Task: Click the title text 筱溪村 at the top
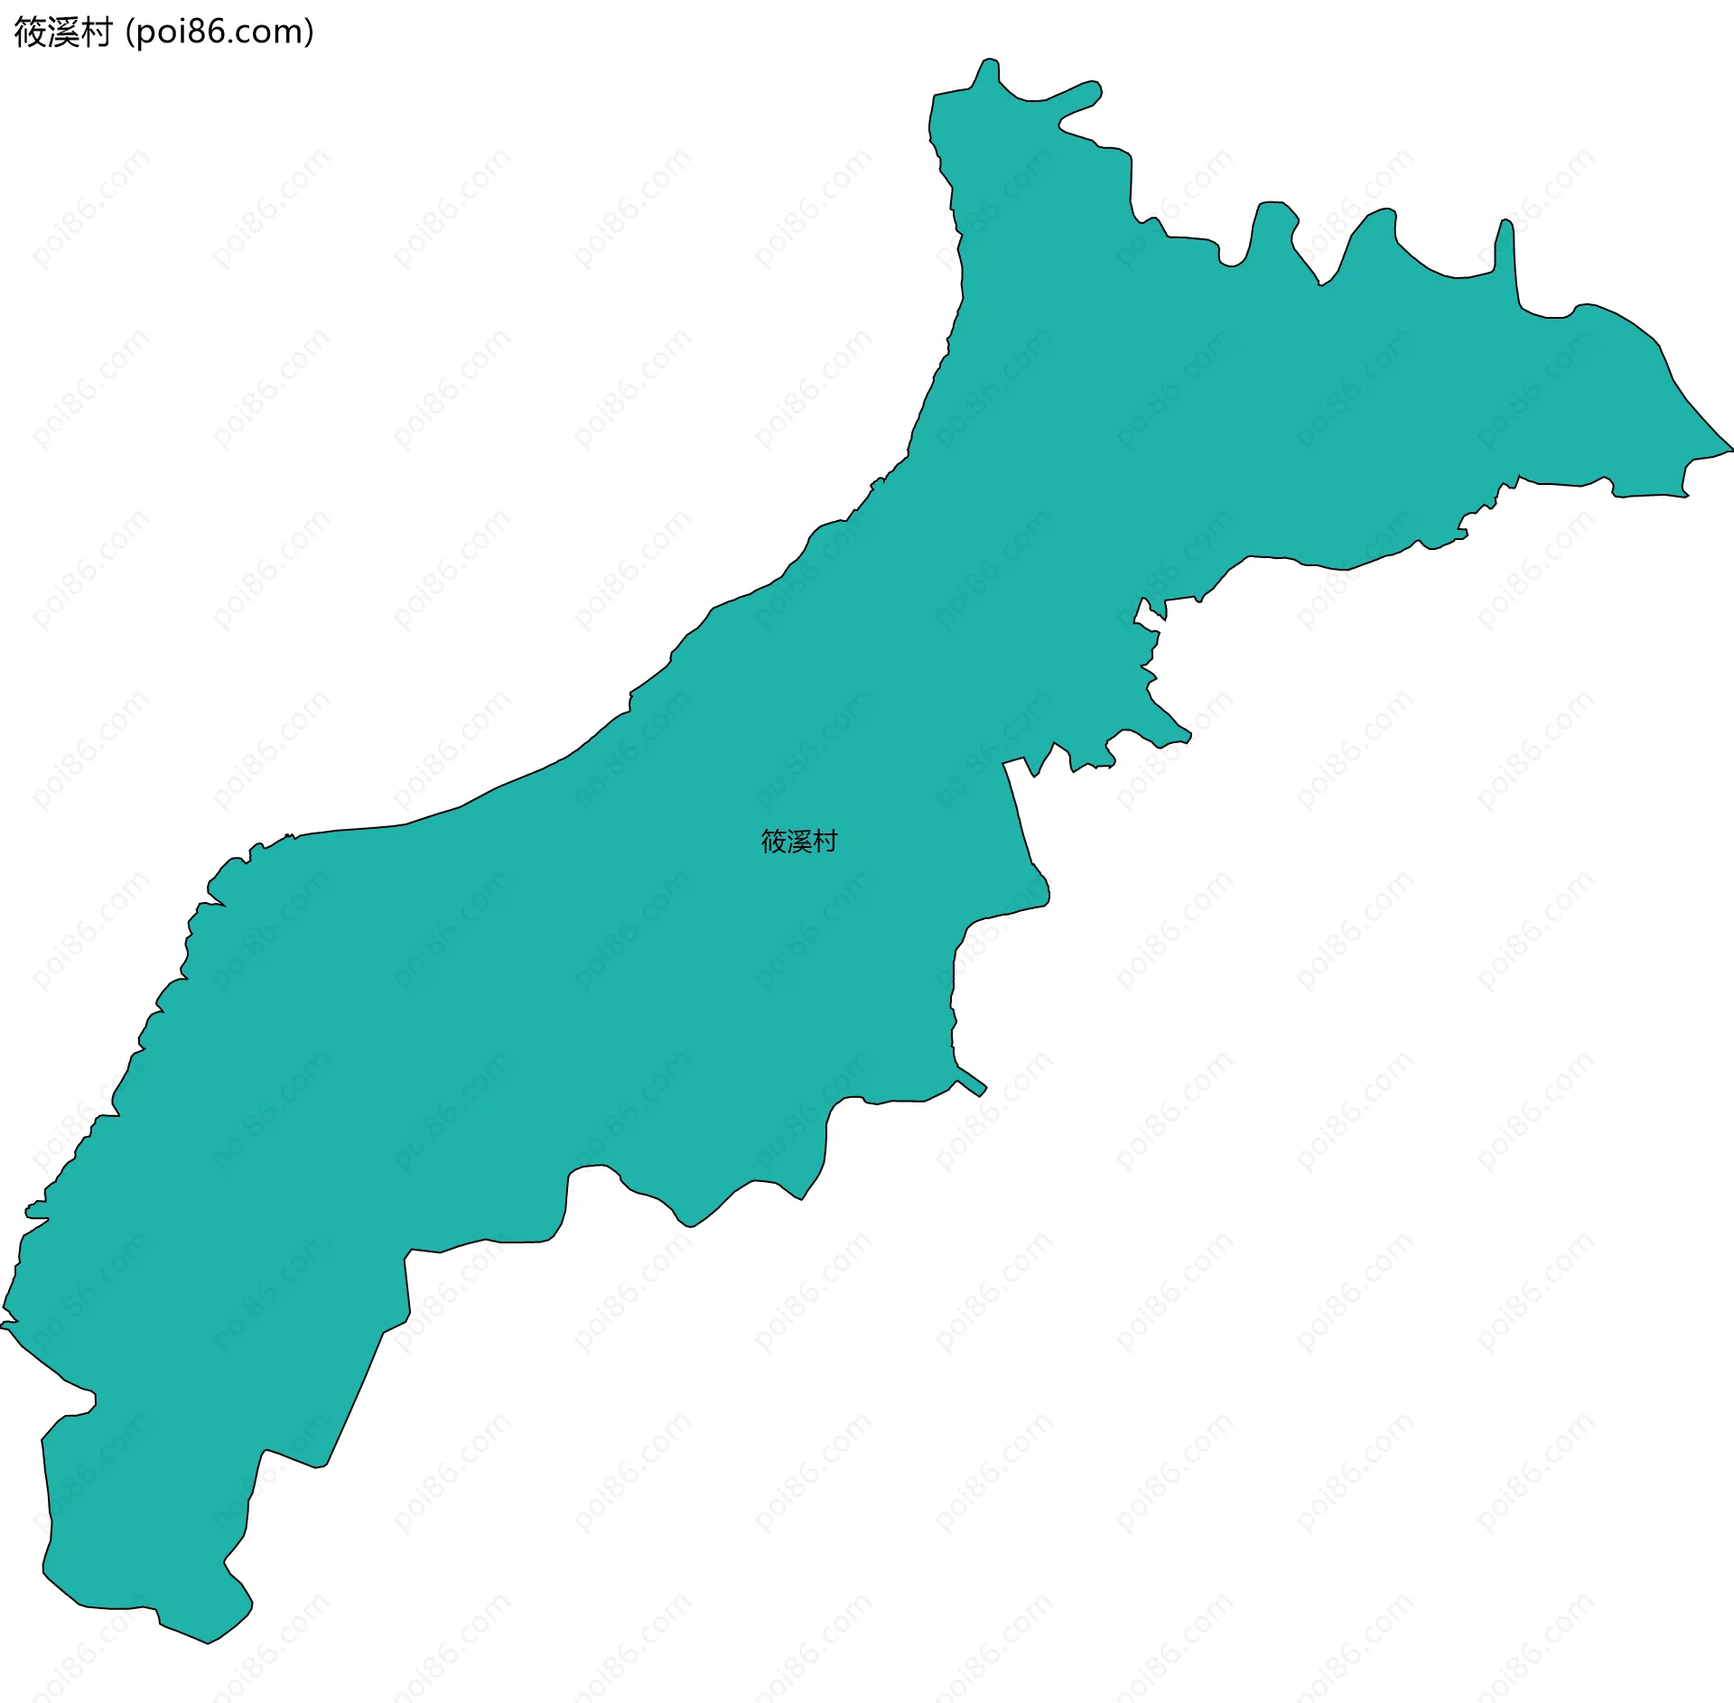(x=62, y=33)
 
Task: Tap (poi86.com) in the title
(x=220, y=33)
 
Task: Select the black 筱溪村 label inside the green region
(x=799, y=842)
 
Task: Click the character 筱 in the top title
(x=30, y=33)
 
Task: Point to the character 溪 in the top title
(x=62, y=33)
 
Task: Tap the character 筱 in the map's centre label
(x=774, y=842)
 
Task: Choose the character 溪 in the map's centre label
(x=799, y=842)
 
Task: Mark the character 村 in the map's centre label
(x=825, y=842)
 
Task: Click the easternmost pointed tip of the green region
(x=1731, y=449)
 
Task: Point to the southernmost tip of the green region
(x=208, y=1643)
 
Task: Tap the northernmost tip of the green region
(x=990, y=60)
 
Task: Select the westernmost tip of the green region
(x=3, y=1326)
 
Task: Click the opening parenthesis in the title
(x=130, y=33)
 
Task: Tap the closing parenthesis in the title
(x=310, y=33)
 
